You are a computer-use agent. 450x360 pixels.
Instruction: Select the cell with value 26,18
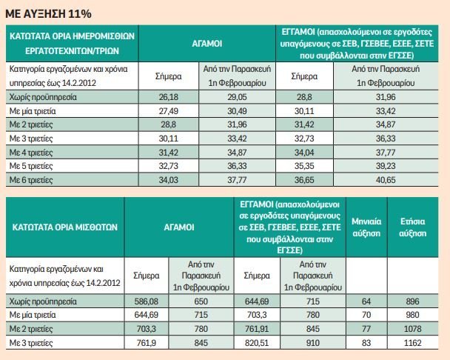[x=169, y=96]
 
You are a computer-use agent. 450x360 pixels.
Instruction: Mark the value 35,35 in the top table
[x=304, y=165]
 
